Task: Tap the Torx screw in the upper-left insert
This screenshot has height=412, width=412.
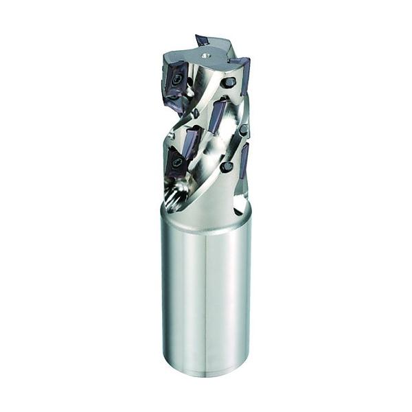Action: tap(178, 80)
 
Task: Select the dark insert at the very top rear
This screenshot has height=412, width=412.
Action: tap(202, 39)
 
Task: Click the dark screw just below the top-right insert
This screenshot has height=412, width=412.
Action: tap(229, 82)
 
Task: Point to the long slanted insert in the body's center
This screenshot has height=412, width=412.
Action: tap(218, 115)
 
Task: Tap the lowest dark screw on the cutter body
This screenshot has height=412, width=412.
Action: tap(226, 167)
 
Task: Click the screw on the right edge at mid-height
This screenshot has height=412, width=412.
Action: tap(243, 130)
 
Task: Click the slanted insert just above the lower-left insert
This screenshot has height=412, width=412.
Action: tap(190, 141)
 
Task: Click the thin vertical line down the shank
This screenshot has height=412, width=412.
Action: tap(207, 302)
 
